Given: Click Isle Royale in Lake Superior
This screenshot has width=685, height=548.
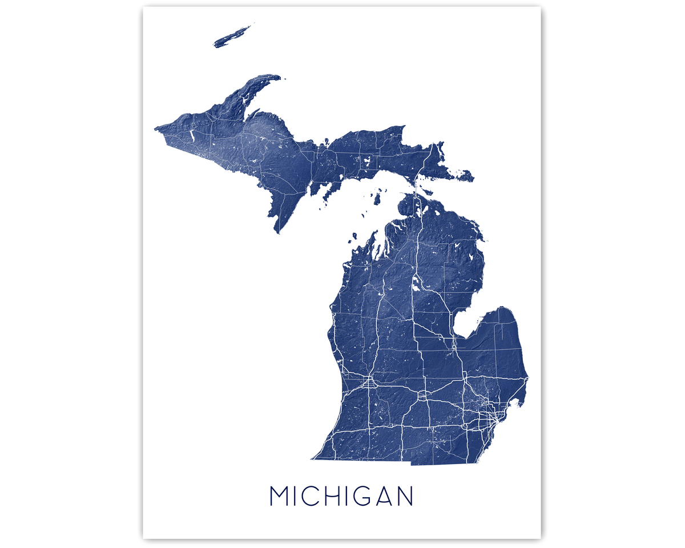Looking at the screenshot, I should pos(233,36).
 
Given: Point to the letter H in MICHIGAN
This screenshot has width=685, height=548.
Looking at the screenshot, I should pos(337,496).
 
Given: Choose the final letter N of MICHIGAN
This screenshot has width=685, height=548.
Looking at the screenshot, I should pos(405,496).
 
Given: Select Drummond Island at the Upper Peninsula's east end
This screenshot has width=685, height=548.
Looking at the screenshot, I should pos(465,176).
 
